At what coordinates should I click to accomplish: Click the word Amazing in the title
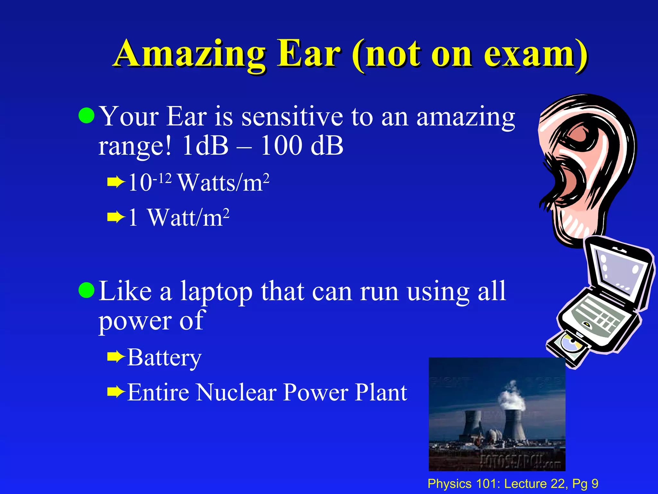pyautogui.click(x=190, y=55)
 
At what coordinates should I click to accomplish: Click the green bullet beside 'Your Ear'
pyautogui.click(x=86, y=115)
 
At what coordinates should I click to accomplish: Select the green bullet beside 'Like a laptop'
pyautogui.click(x=86, y=290)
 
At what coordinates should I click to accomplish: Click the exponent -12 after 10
pyautogui.click(x=163, y=178)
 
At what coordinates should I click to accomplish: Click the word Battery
pyautogui.click(x=164, y=358)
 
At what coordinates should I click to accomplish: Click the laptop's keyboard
pyautogui.click(x=598, y=317)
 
